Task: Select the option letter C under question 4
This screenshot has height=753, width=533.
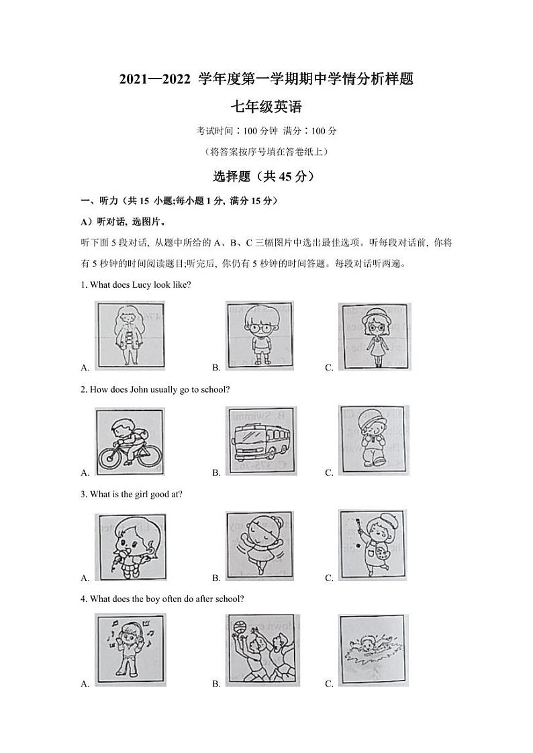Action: (x=329, y=684)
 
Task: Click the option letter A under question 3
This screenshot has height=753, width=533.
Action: (x=85, y=578)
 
